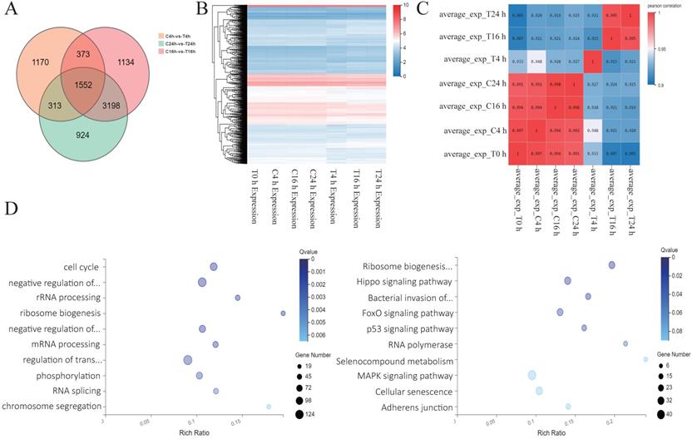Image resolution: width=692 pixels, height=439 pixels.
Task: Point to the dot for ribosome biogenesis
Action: click(x=283, y=313)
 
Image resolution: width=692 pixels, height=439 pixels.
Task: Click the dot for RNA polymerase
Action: click(x=625, y=343)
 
